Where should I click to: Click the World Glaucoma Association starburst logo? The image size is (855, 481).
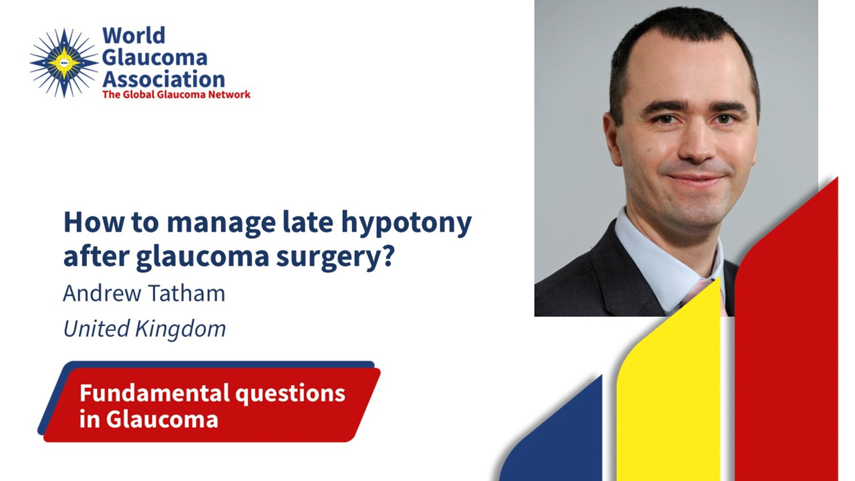pos(64,63)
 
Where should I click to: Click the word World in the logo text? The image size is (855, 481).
pos(134,36)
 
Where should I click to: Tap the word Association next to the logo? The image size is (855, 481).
pos(164,79)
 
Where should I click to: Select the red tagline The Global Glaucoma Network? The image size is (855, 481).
pos(176,94)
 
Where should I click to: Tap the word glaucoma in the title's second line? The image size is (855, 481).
pos(203,257)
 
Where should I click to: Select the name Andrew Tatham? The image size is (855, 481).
pos(144,293)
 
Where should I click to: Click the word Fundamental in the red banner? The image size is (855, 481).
pos(155,393)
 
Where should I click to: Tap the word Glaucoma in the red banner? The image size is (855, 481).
pos(162,419)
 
